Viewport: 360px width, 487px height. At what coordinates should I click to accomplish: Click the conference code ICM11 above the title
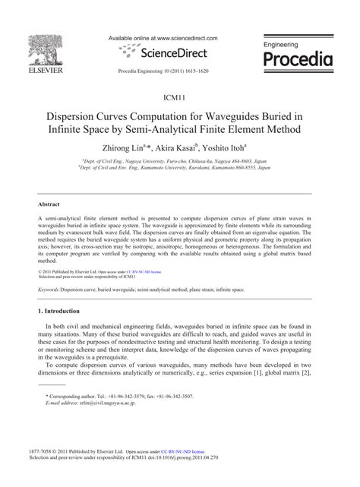179,99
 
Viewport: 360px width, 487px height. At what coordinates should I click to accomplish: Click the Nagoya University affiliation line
179,161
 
